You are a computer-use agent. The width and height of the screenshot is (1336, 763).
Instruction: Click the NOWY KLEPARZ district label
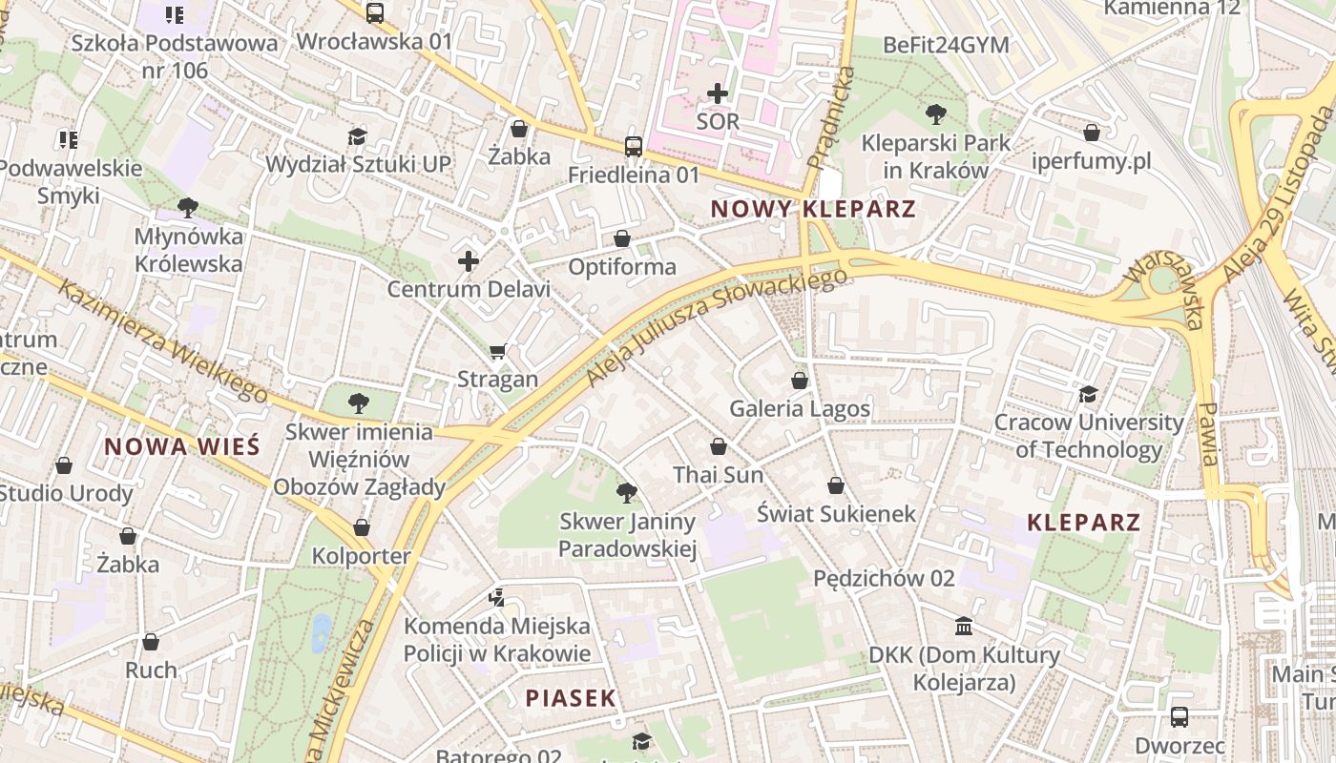[x=813, y=209]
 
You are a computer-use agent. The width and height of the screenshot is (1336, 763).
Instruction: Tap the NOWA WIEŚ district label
[x=181, y=446]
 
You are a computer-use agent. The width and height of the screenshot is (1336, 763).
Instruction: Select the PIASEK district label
[x=571, y=698]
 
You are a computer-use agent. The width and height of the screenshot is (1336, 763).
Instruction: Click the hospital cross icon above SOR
[x=718, y=93]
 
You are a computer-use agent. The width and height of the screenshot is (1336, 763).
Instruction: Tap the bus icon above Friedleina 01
[x=634, y=147]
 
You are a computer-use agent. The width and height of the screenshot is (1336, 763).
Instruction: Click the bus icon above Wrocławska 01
[x=374, y=13]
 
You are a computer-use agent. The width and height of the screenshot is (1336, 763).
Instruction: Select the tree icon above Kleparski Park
[x=935, y=114]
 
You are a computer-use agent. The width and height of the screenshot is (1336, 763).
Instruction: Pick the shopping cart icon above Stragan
[x=497, y=352]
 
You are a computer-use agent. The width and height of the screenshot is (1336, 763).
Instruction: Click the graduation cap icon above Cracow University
[x=1088, y=394]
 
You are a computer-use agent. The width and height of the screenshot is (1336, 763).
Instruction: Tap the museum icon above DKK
[x=964, y=627]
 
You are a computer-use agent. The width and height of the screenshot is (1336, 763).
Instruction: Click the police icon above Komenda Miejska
[x=496, y=598]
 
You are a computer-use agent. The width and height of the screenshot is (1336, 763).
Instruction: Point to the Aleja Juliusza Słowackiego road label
[x=716, y=326]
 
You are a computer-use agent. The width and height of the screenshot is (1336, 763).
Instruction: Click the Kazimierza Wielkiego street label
[x=162, y=340]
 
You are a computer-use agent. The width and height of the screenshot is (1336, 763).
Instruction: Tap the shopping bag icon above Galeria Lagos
[x=800, y=381]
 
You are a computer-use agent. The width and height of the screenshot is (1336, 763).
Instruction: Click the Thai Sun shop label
[x=718, y=475]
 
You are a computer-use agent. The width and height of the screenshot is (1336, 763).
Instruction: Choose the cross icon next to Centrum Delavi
[x=468, y=260]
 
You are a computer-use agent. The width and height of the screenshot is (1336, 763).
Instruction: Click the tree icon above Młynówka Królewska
[x=188, y=207]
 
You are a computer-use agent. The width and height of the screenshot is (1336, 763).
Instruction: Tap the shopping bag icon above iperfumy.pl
[x=1092, y=133]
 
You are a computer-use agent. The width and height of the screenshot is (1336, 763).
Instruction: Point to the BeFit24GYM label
[x=946, y=45]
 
